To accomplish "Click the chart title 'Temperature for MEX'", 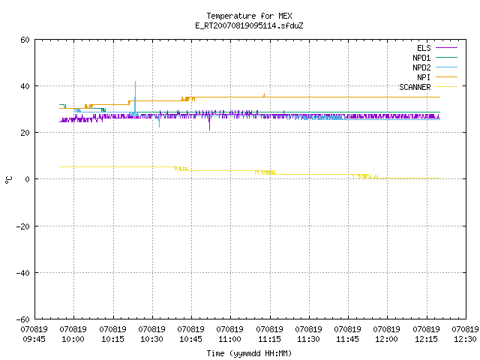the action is pos(249,16).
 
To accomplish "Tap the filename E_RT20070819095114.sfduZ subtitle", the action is pos(249,25).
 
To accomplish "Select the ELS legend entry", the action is pos(436,48).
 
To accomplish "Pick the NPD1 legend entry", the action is pos(435,58).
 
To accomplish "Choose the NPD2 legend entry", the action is pos(435,67).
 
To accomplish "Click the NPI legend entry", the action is pos(436,77).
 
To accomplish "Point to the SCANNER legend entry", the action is pos(428,87).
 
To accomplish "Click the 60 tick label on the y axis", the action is pos(25,40).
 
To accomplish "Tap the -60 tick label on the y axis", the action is pos(22,319).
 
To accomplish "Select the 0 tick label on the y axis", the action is pos(27,179).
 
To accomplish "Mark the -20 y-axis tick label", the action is pos(22,226).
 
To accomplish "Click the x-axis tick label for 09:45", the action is pos(34,334).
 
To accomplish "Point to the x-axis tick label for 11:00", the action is pos(230,334).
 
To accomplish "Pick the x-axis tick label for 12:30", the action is pos(465,334).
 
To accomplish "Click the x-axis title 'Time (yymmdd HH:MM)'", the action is pos(249,353).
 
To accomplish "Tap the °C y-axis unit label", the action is pos(8,180).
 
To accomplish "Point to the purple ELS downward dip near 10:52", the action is pos(209,123).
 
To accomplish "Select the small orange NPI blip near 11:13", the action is pos(264,95).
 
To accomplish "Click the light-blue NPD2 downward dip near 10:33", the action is pos(159,121).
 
